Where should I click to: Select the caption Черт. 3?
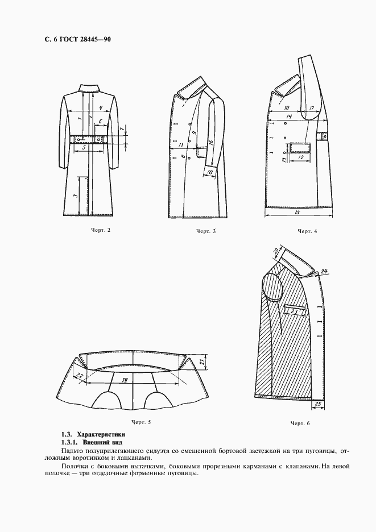[x=206, y=231]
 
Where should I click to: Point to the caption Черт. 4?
[x=307, y=231]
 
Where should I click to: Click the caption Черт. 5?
[x=141, y=422]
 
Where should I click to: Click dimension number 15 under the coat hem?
[x=299, y=212]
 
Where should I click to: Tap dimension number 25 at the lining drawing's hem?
[x=318, y=404]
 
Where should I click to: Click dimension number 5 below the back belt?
[x=84, y=147]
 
